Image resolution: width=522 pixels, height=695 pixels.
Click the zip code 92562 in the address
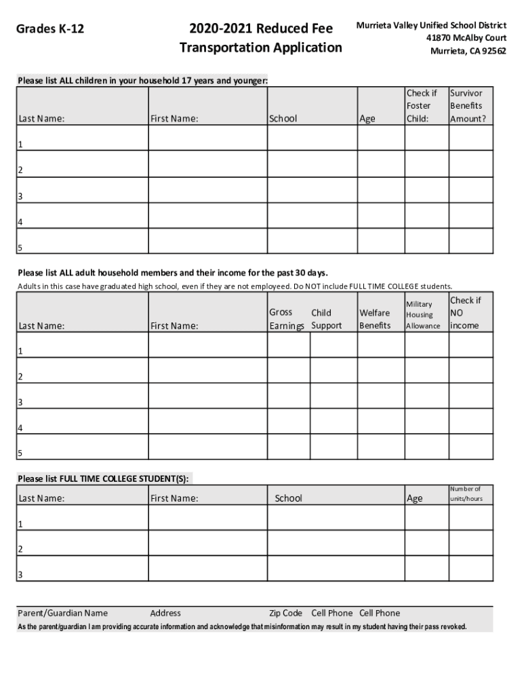pos(492,51)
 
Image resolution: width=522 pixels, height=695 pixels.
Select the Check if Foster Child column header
pos(422,106)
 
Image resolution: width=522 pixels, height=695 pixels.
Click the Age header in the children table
pos(367,119)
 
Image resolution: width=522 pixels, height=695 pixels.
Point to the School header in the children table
pos(283,119)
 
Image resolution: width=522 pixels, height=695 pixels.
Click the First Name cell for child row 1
pos(207,138)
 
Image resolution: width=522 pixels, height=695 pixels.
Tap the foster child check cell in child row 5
pos(426,241)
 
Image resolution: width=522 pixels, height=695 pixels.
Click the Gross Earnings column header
pos(287,319)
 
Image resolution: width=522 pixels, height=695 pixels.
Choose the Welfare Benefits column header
pos(375,319)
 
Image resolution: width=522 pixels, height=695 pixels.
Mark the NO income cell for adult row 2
pos(470,370)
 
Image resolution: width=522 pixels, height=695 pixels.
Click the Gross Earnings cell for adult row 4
pos(289,421)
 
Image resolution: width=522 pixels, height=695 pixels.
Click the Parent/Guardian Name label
pos(62,613)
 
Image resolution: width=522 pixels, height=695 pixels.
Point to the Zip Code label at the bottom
pos(285,613)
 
